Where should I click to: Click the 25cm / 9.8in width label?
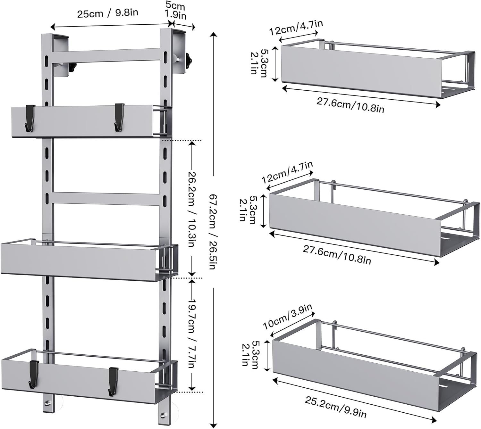click(x=107, y=13)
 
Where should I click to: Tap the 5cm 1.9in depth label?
click(x=176, y=11)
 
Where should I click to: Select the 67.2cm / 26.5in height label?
click(x=213, y=232)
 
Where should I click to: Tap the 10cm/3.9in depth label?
click(x=288, y=317)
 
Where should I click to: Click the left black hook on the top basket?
click(x=30, y=118)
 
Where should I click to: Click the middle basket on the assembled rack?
click(x=89, y=260)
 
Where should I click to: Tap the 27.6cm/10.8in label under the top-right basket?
click(x=350, y=105)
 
